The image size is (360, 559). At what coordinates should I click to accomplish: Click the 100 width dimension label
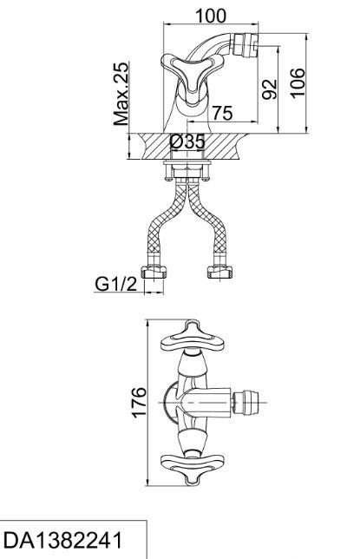211,16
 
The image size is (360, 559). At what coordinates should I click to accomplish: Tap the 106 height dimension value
298,82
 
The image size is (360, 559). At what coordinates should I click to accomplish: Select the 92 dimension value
270,89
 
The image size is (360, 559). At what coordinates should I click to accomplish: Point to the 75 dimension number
222,113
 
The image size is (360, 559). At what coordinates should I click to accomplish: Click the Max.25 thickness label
121,94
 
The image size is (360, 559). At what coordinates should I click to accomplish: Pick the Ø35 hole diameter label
187,141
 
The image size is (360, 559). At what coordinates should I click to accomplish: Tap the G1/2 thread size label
116,284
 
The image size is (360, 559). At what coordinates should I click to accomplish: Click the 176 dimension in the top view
139,401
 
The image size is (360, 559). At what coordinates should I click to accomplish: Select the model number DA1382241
62,540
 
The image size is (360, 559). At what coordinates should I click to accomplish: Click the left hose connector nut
154,272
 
